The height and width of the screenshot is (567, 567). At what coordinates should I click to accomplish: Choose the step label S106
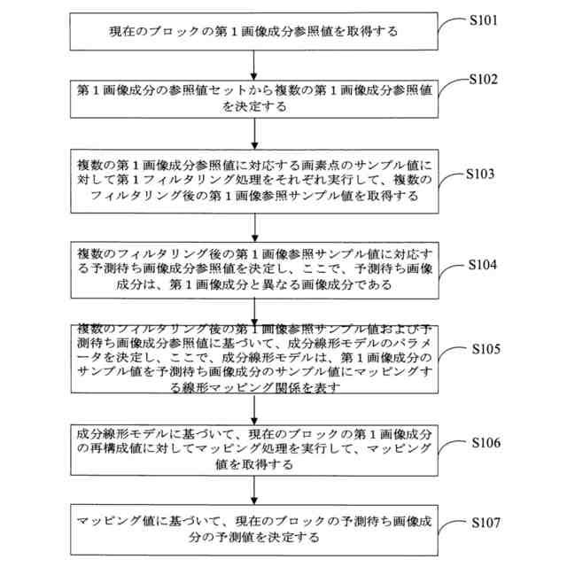pyautogui.click(x=486, y=440)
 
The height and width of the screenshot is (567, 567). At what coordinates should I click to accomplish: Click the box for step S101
pyautogui.click(x=254, y=32)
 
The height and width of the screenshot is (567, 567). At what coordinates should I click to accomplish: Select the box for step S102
pyautogui.click(x=254, y=98)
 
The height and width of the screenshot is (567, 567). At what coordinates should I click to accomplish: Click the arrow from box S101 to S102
pyautogui.click(x=254, y=64)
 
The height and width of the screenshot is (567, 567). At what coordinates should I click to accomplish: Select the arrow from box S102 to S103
pyautogui.click(x=254, y=132)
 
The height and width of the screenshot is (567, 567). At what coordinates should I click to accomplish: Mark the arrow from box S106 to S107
pyautogui.click(x=254, y=489)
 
